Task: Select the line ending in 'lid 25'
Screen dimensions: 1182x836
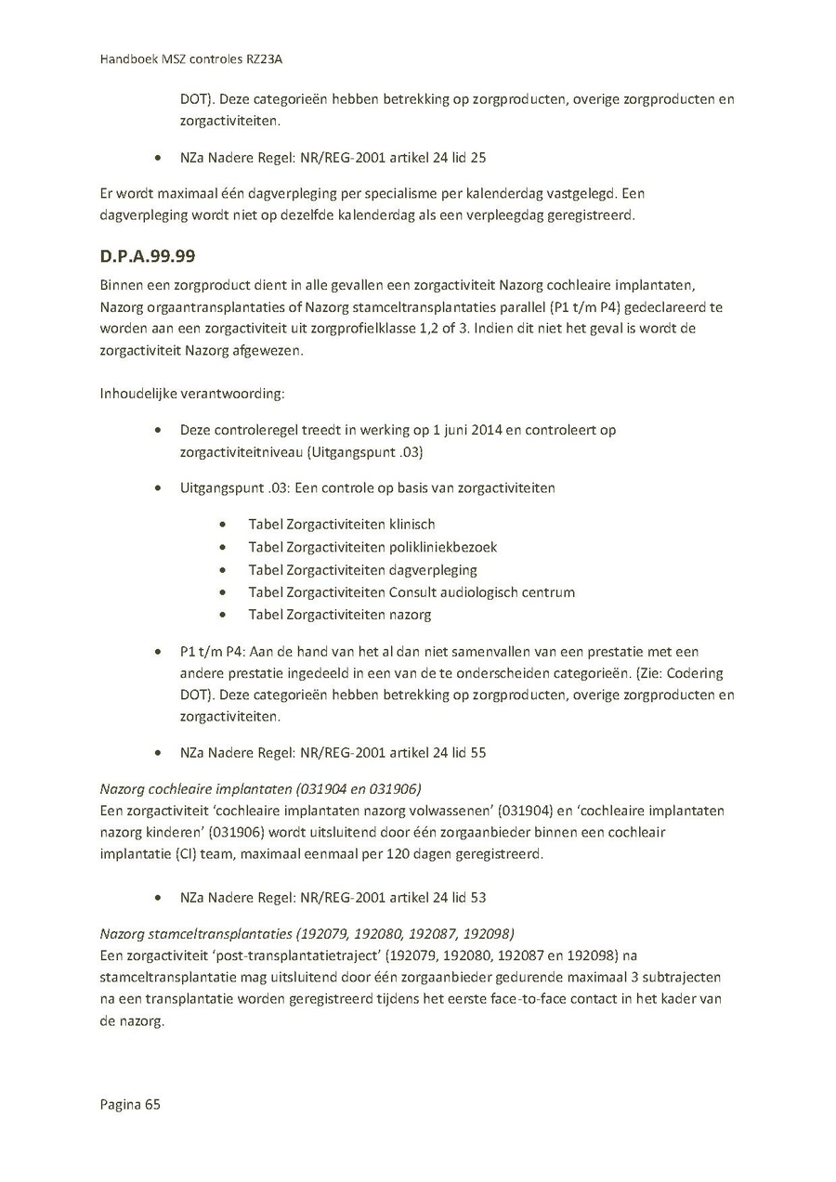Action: pos(333,157)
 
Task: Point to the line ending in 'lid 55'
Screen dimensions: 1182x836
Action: pos(333,753)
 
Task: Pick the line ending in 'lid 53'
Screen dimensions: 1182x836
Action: pos(333,898)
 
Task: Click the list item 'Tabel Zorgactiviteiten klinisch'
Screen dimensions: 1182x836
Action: pos(341,525)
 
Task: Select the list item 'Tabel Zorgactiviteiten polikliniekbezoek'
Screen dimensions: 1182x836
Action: pos(372,547)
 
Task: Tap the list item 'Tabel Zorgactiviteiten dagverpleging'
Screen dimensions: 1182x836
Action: pos(362,570)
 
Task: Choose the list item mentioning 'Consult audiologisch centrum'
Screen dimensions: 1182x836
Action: pos(411,592)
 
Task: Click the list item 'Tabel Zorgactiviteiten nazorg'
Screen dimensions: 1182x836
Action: pos(339,615)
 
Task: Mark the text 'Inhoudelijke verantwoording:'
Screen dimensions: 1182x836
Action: pos(192,393)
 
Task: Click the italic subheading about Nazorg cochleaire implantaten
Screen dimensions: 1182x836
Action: pos(261,789)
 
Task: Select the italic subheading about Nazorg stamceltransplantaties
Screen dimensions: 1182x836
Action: pos(307,933)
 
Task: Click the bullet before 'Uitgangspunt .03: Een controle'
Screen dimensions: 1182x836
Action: pos(162,488)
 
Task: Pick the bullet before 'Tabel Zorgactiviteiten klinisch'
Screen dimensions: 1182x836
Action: pos(223,526)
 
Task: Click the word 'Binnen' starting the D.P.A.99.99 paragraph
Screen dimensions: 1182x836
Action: pos(121,285)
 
